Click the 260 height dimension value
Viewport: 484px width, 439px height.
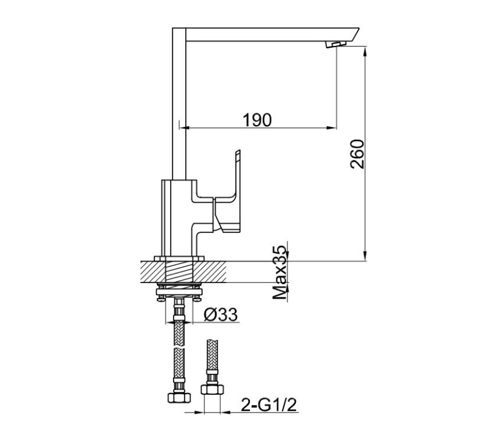tap(358, 154)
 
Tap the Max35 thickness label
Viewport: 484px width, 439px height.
tap(279, 273)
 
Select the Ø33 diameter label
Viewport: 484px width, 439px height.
tap(220, 314)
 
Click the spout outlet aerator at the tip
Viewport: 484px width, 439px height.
tap(336, 45)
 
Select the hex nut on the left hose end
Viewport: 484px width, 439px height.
tap(177, 398)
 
